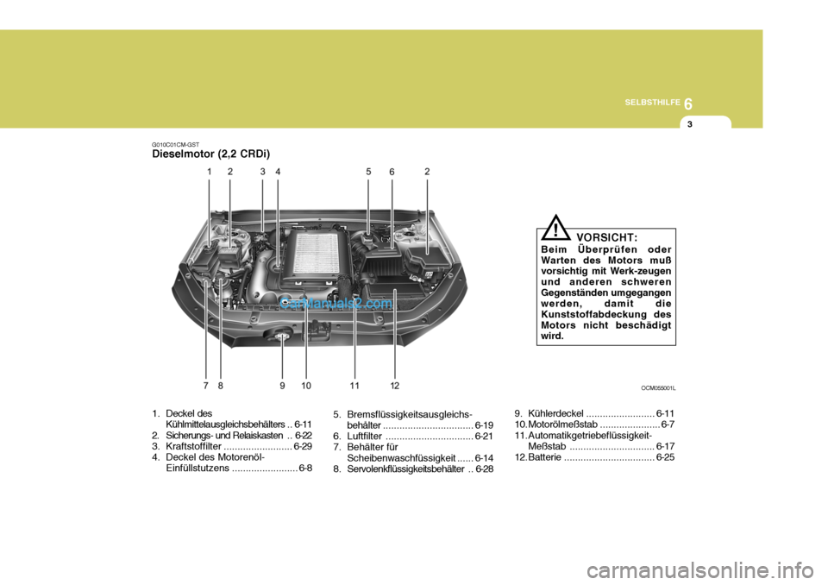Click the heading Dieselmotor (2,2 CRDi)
pos(210,154)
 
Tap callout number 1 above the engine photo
pos(209,172)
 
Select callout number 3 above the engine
pos(262,172)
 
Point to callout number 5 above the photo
pos(367,172)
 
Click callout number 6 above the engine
pos(391,172)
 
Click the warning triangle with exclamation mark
pos(558,231)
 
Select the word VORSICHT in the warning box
pos(607,236)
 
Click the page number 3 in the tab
pos(690,125)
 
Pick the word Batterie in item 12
pos(544,457)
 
